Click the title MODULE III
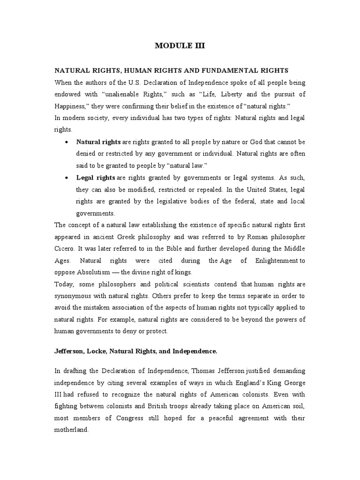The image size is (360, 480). click(180, 46)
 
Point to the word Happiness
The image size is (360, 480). click(70, 105)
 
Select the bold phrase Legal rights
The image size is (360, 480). click(96, 178)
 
